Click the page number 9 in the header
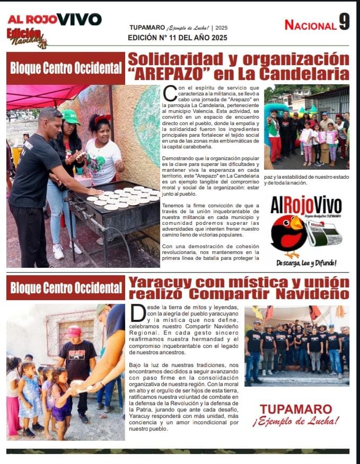tap(344, 22)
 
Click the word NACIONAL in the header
tap(310, 25)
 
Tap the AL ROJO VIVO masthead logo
tap(55, 20)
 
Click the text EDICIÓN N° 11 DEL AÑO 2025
tap(177, 38)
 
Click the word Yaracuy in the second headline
tap(154, 282)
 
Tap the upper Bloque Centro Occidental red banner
tap(66, 68)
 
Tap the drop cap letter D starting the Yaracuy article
tap(138, 313)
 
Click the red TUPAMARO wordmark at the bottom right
tap(296, 409)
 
